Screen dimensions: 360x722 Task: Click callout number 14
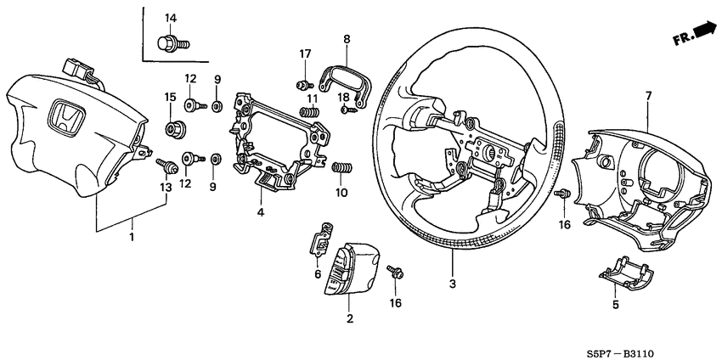point(170,19)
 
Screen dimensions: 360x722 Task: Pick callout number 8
point(346,39)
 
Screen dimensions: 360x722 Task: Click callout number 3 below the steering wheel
point(452,284)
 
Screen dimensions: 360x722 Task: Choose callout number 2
point(348,318)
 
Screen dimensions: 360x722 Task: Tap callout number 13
point(164,186)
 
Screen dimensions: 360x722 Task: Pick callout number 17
point(305,55)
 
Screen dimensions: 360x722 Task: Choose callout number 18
point(343,98)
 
